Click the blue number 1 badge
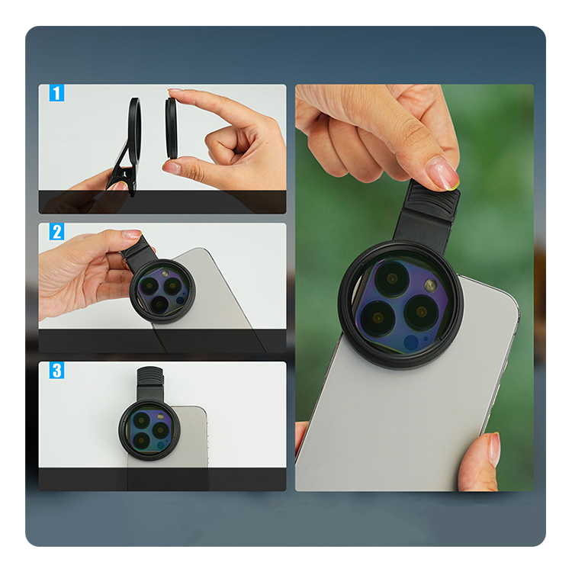(x=56, y=93)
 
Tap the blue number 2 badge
(x=56, y=232)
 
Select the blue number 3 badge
(x=56, y=370)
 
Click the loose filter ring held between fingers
(x=171, y=128)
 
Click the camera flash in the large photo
(x=431, y=285)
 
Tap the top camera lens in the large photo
(x=392, y=279)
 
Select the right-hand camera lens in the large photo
(x=422, y=312)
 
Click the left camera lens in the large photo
(x=378, y=318)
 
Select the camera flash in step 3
(x=160, y=417)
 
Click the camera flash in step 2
(x=165, y=274)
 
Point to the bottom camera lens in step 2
(x=159, y=304)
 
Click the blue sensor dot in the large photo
(x=411, y=343)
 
